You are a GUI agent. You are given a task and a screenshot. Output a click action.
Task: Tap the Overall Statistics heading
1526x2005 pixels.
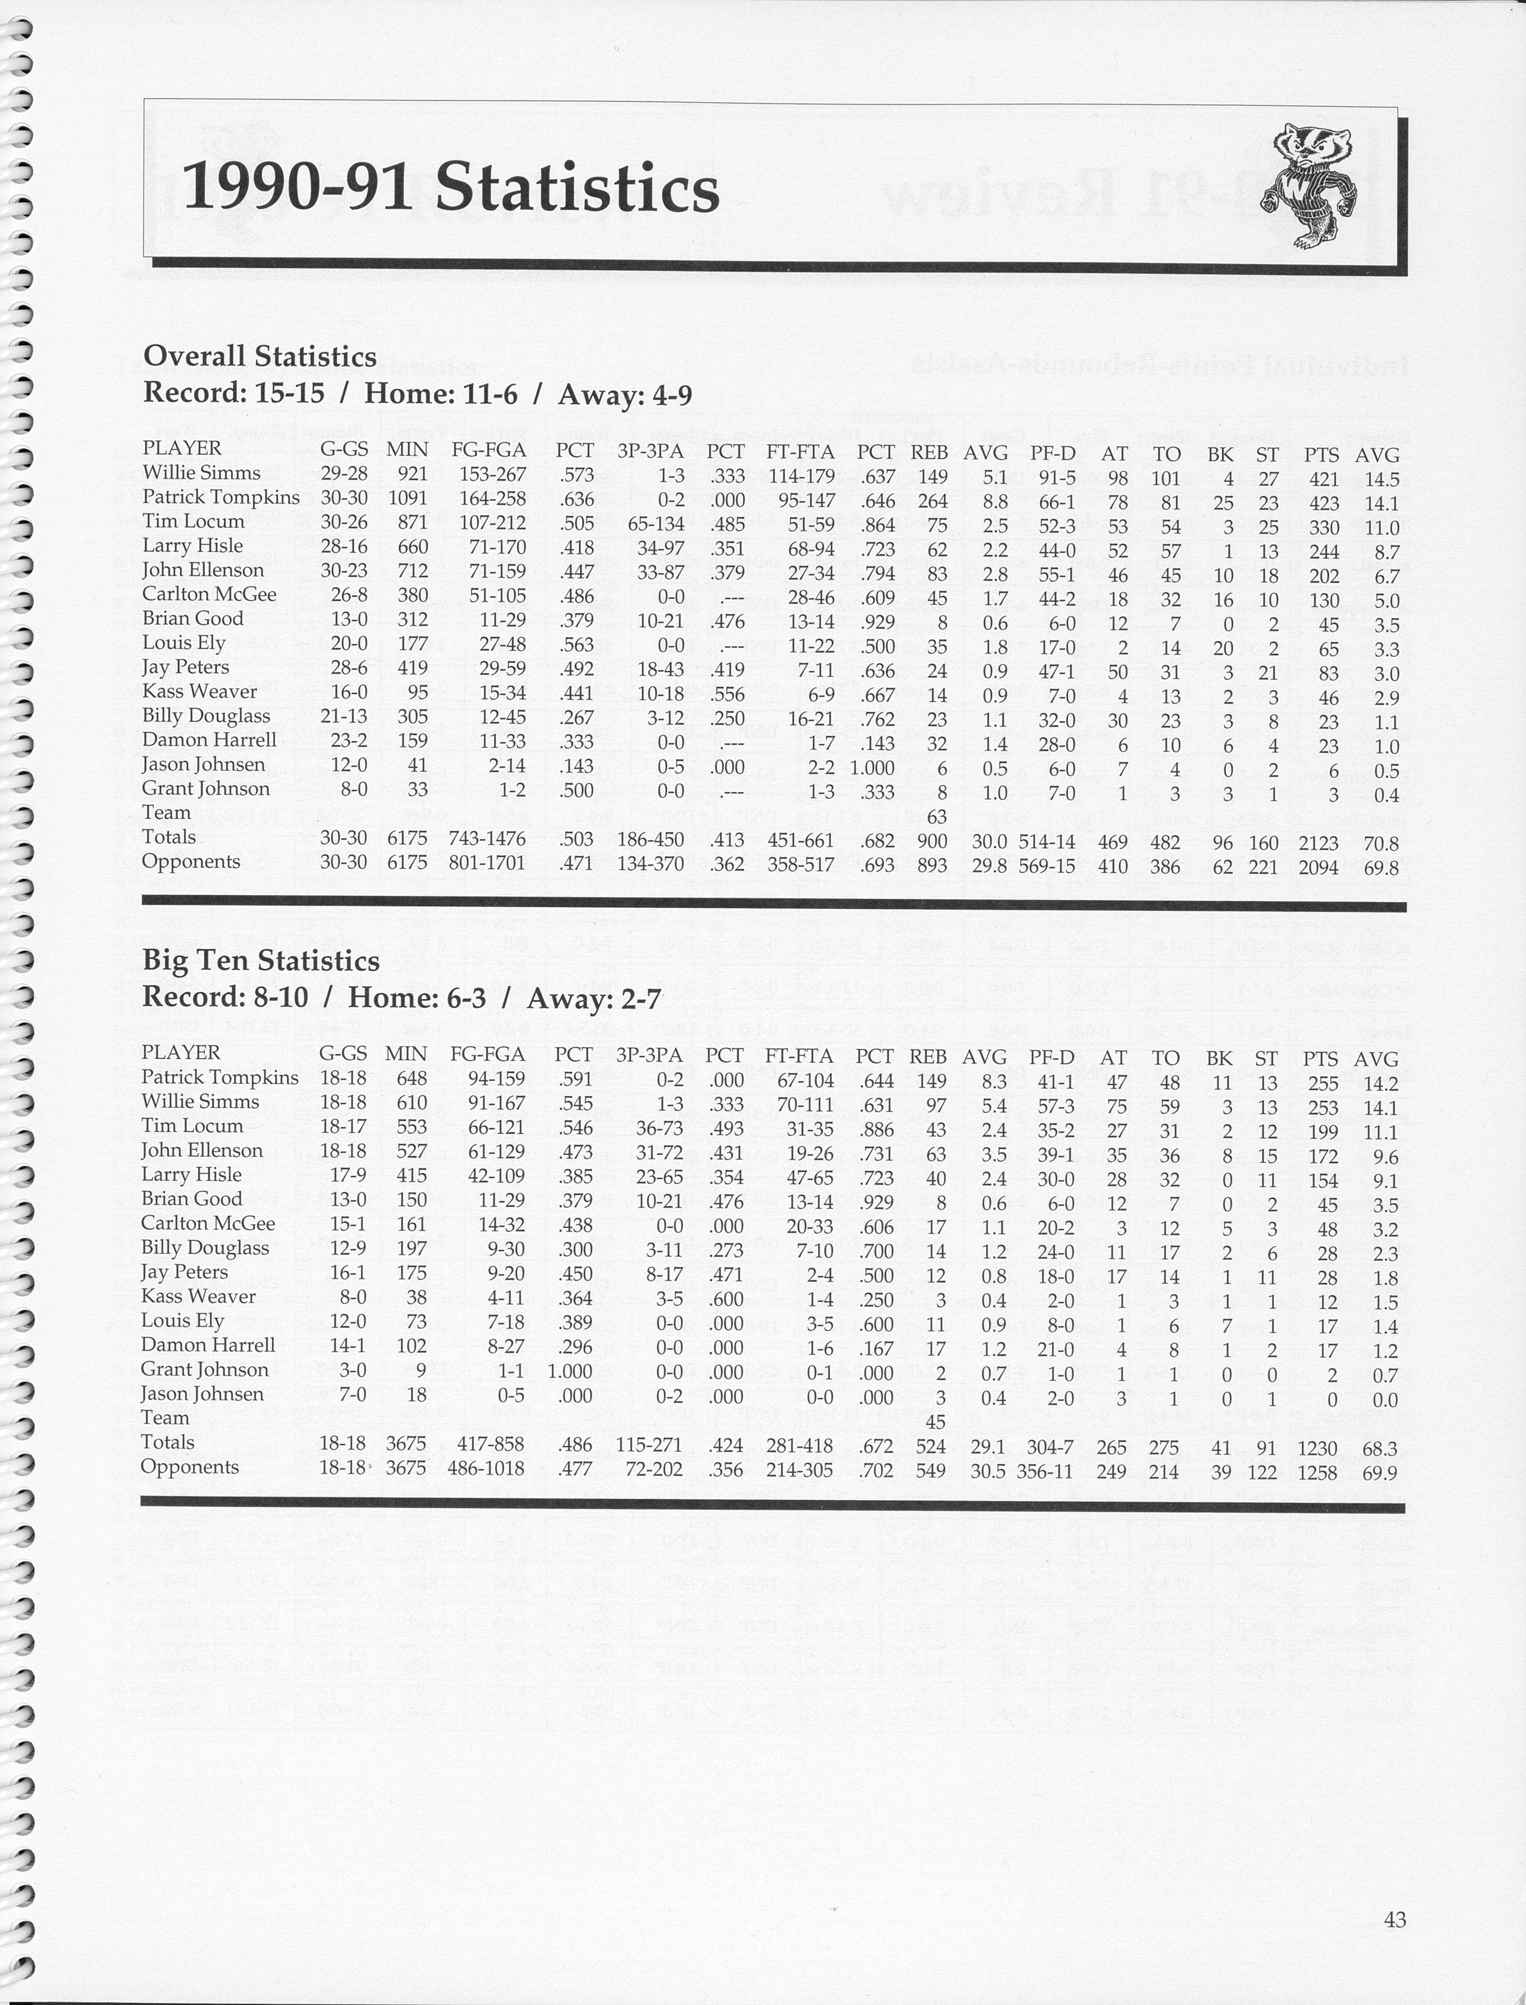click(260, 356)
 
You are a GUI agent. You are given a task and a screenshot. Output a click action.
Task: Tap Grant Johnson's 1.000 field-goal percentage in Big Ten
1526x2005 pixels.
click(571, 1372)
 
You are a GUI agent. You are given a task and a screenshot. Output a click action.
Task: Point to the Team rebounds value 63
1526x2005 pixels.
click(937, 817)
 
